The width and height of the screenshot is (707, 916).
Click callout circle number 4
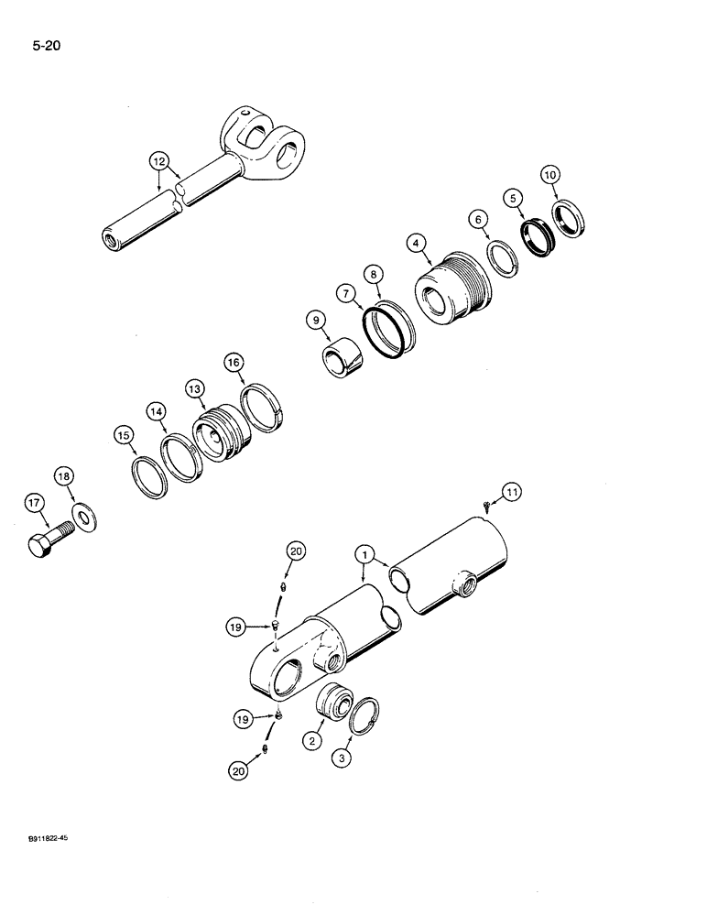417,243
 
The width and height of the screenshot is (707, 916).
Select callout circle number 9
316,320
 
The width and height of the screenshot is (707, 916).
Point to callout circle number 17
34,502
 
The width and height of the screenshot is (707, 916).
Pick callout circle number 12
161,162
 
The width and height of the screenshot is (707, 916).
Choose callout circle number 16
235,364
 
